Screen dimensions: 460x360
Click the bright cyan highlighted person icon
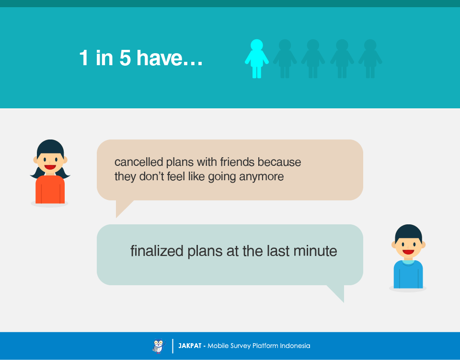(257, 58)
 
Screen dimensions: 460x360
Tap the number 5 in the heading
(125, 58)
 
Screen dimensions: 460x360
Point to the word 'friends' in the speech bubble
(237, 162)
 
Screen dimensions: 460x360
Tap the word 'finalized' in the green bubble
(157, 251)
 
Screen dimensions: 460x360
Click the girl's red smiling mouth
(50, 167)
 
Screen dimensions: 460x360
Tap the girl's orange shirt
(50, 189)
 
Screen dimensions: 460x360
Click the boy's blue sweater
(408, 274)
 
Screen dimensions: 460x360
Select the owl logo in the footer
(159, 346)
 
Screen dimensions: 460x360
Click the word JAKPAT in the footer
(190, 346)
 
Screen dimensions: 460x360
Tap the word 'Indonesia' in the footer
(295, 346)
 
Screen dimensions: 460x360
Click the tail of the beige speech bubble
(122, 208)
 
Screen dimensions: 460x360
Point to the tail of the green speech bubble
(337, 292)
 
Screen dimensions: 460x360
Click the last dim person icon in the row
(370, 58)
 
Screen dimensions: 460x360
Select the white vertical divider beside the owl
(172, 346)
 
